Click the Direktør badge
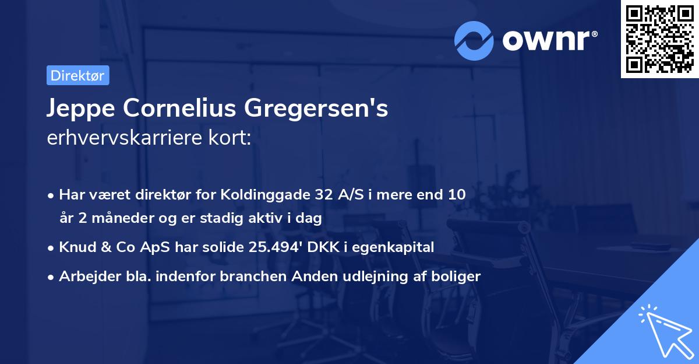tap(77, 75)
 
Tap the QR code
tap(659, 39)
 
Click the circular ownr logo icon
tap(474, 40)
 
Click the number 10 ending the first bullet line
tap(457, 195)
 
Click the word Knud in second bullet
tap(75, 247)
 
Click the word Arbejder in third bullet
tap(84, 276)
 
